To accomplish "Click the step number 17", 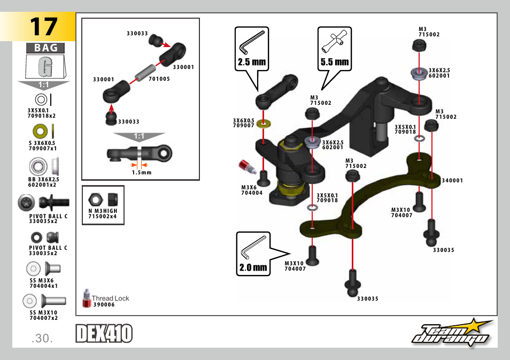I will [43, 26].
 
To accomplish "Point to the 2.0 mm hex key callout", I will [253, 255].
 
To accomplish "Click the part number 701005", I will [159, 79].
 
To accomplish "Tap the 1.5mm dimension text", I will [142, 172].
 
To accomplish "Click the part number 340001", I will [452, 181].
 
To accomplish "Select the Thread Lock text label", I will [110, 298].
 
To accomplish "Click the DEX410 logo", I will [104, 334].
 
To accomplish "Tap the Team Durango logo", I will [452, 333].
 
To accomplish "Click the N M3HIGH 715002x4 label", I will [103, 213].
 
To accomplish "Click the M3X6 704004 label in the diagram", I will [252, 190].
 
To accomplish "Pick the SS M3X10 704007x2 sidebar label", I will [43, 315].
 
